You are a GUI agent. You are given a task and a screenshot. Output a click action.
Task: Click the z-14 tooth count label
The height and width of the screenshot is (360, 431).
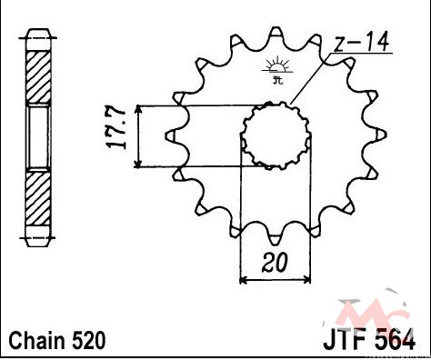click(x=361, y=43)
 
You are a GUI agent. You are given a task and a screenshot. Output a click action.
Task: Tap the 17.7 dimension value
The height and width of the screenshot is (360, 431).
click(x=115, y=127)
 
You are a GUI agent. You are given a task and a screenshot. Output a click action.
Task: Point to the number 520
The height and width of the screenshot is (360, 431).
click(x=88, y=340)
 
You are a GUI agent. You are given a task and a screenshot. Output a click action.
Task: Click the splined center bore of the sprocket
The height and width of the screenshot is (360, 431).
click(x=276, y=135)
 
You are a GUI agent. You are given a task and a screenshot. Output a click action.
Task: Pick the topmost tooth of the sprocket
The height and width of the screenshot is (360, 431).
click(x=276, y=34)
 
